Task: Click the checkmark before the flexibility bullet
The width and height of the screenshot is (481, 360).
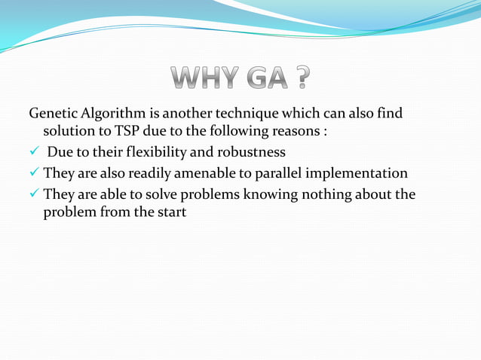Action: tap(34, 154)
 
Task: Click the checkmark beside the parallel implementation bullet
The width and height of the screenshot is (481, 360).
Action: tap(34, 174)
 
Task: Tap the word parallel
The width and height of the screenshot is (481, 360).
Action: tap(282, 174)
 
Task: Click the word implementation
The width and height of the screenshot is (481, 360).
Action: tap(360, 174)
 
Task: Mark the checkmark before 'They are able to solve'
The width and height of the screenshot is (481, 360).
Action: tap(34, 194)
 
